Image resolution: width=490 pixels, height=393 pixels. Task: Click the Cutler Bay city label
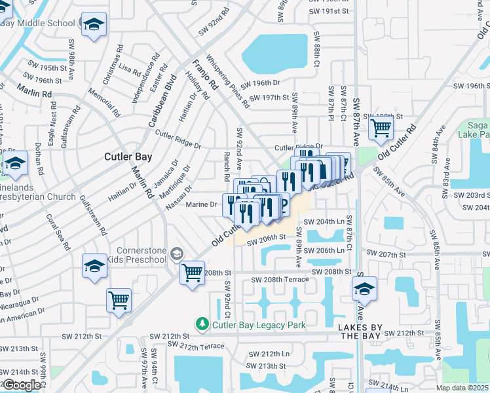pyautogui.click(x=128, y=157)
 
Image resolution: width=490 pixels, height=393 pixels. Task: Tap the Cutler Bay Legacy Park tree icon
pyautogui.click(x=202, y=324)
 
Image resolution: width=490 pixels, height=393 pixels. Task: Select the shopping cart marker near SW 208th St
pyautogui.click(x=192, y=272)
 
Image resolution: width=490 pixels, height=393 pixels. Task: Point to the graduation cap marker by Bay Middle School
pyautogui.click(x=94, y=24)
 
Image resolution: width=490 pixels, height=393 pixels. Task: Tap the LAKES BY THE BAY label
pyautogui.click(x=360, y=331)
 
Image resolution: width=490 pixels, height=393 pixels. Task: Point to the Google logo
pyautogui.click(x=22, y=385)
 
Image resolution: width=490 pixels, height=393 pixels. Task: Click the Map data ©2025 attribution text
pyautogui.click(x=462, y=388)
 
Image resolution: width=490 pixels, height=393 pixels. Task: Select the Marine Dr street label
pyautogui.click(x=201, y=204)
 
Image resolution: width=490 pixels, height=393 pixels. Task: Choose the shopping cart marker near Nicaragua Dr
pyautogui.click(x=119, y=300)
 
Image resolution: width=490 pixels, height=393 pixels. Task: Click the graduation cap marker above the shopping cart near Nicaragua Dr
pyautogui.click(x=94, y=265)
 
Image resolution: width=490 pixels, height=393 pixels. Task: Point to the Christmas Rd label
pyautogui.click(x=111, y=65)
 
